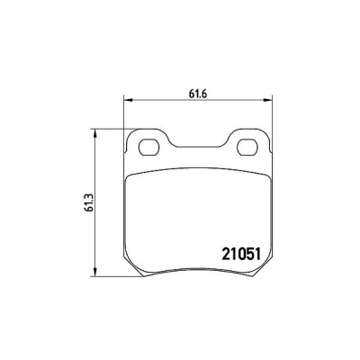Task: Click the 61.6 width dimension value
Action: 198,94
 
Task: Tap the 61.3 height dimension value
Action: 89,202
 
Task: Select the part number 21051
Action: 241,255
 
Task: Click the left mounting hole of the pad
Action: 149,148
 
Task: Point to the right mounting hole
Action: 247,148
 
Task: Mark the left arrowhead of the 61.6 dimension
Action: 128,100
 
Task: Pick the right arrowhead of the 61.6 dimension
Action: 267,100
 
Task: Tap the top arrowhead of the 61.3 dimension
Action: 94,134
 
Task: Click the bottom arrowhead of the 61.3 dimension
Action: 94,272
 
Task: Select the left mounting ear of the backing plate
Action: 148,142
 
